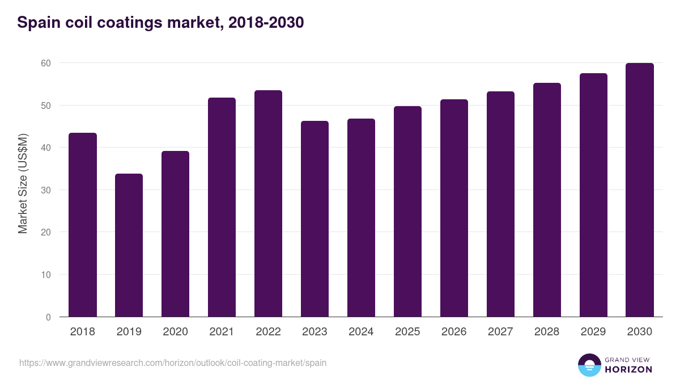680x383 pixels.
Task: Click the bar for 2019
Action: (x=129, y=245)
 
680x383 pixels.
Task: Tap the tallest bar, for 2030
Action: (x=640, y=190)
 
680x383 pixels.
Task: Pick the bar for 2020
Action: (x=175, y=234)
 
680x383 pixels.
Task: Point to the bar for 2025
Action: (x=407, y=211)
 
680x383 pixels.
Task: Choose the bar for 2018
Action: (x=82, y=225)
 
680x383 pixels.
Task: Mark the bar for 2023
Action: (x=314, y=218)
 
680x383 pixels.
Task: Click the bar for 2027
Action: (x=500, y=204)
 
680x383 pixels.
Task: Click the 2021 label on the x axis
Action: (x=222, y=332)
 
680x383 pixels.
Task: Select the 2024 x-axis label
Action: (x=361, y=332)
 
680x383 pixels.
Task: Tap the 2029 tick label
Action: (x=593, y=332)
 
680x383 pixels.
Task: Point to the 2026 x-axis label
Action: (x=454, y=332)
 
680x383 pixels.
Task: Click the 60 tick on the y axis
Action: (x=46, y=63)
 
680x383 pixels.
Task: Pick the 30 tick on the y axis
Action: (x=46, y=190)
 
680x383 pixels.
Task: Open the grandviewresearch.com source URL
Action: (x=173, y=363)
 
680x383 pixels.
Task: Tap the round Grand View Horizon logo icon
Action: (x=589, y=365)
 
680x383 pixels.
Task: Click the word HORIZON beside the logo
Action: (x=628, y=369)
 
